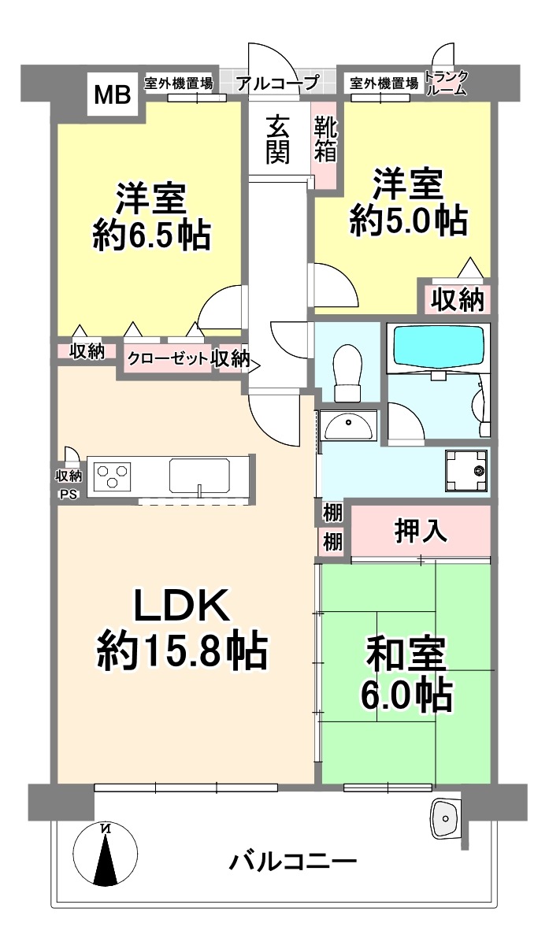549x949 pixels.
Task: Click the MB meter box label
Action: (113, 95)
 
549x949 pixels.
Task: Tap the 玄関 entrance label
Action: (277, 139)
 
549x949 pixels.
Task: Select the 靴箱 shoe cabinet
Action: (325, 139)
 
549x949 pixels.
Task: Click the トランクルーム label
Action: (446, 83)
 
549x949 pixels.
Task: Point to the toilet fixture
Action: (348, 373)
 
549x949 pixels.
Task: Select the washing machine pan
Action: (466, 471)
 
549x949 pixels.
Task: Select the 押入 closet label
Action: (421, 531)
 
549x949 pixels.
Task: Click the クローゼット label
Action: (168, 359)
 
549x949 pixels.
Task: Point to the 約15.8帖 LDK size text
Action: (183, 651)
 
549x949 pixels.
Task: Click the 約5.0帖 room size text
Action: (408, 221)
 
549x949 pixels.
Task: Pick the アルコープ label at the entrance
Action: (277, 83)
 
